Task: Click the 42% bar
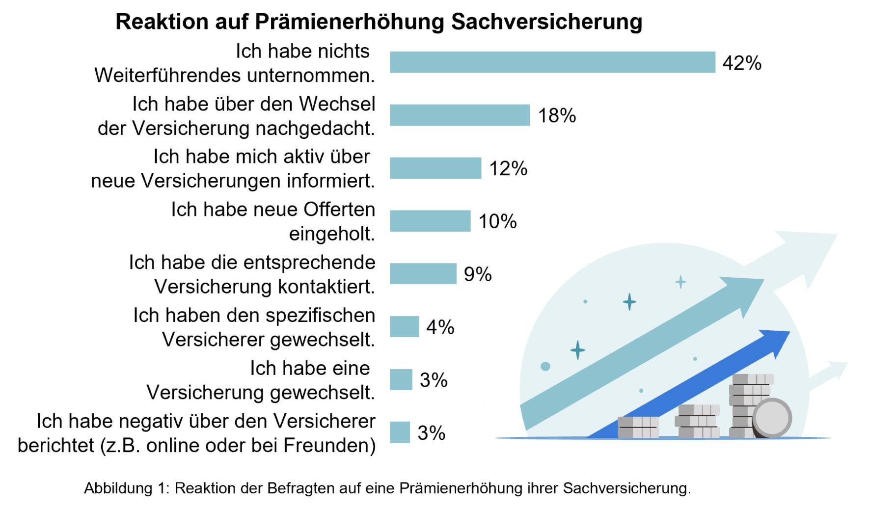tap(552, 62)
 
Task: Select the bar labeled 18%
tap(460, 115)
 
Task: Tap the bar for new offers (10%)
tap(430, 221)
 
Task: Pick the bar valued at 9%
tap(423, 274)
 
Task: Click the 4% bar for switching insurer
tap(405, 327)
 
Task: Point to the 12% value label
tap(508, 168)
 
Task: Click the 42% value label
tap(742, 63)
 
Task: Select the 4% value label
tap(440, 327)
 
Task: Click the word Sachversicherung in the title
tap(546, 22)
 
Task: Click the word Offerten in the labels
tap(339, 210)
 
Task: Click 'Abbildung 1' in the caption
tap(126, 488)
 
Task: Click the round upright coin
tap(771, 418)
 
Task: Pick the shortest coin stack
tap(638, 427)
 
